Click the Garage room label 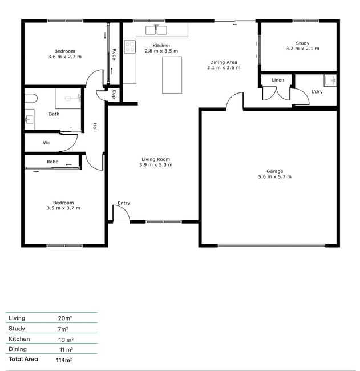(274, 171)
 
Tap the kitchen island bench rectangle (172, 75)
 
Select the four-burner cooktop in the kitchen (130, 47)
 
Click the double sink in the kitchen (156, 30)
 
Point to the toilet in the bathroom (31, 98)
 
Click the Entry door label (124, 203)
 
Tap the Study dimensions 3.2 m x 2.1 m (302, 49)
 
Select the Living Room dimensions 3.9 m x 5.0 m (156, 165)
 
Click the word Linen (278, 80)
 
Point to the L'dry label (317, 91)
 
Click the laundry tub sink (330, 80)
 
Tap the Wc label (46, 143)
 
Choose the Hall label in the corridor (95, 127)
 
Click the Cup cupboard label (114, 94)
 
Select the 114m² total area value (64, 360)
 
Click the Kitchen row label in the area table (19, 339)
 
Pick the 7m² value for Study (63, 329)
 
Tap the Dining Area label (224, 62)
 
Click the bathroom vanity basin (29, 119)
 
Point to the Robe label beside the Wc (52, 162)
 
